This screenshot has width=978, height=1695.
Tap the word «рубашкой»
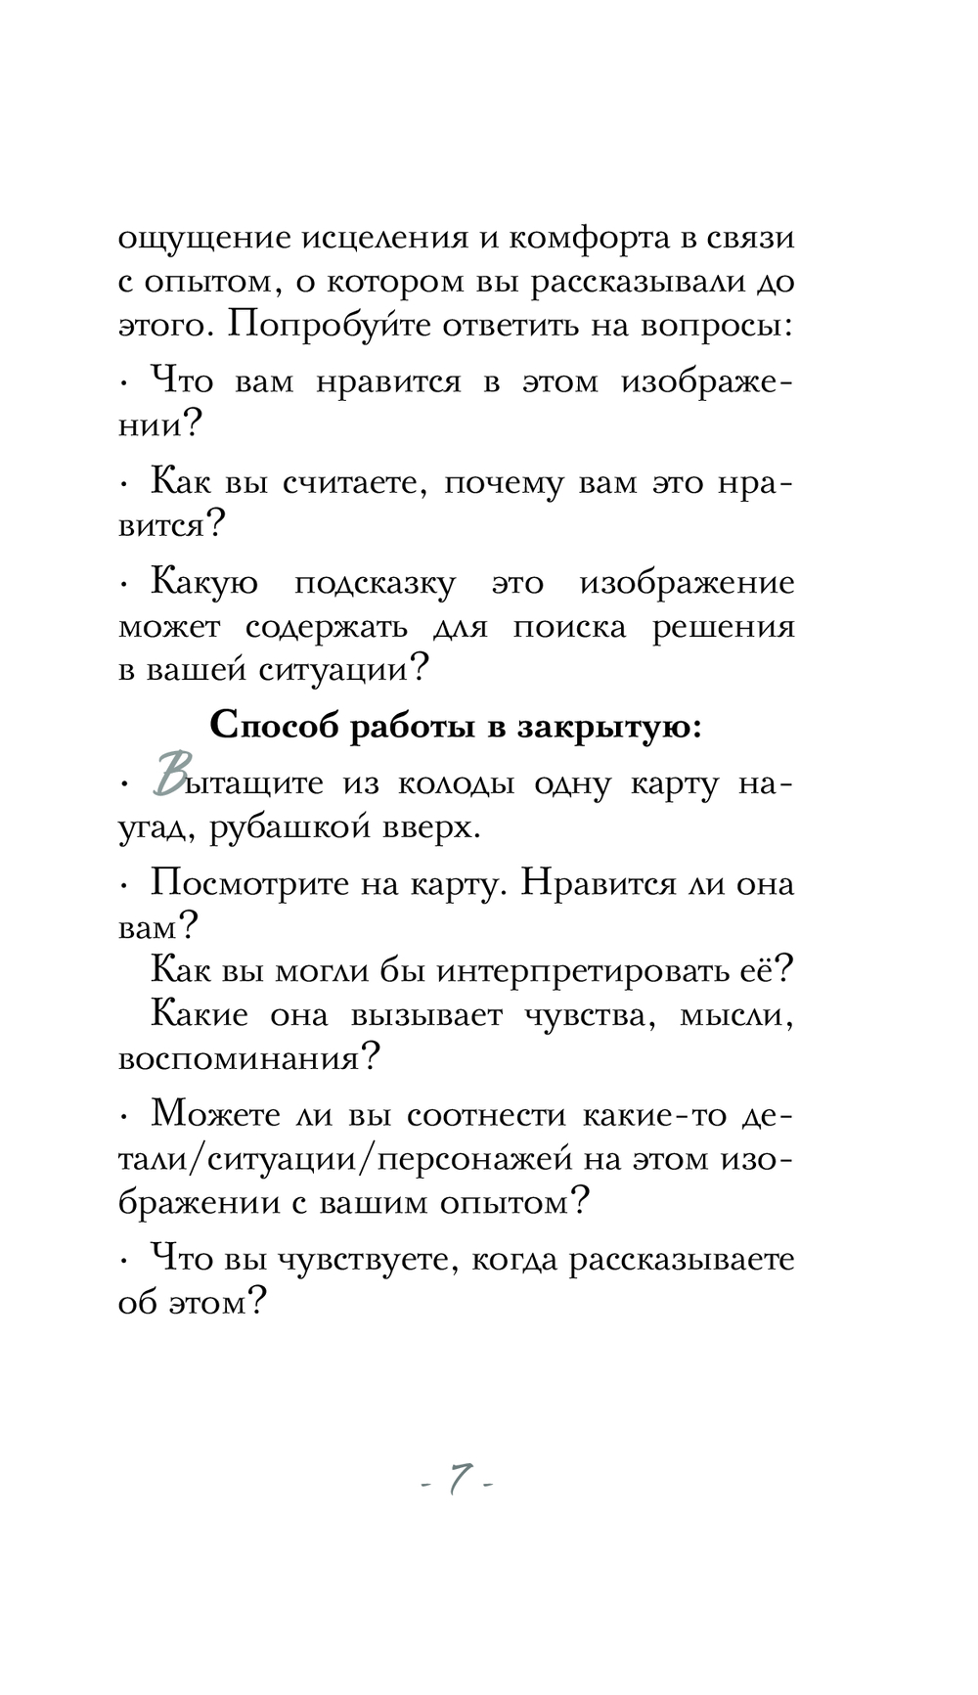coord(286,828)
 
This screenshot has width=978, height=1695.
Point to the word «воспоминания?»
coord(248,1059)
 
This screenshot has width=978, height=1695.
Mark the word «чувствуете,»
coord(367,1260)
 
